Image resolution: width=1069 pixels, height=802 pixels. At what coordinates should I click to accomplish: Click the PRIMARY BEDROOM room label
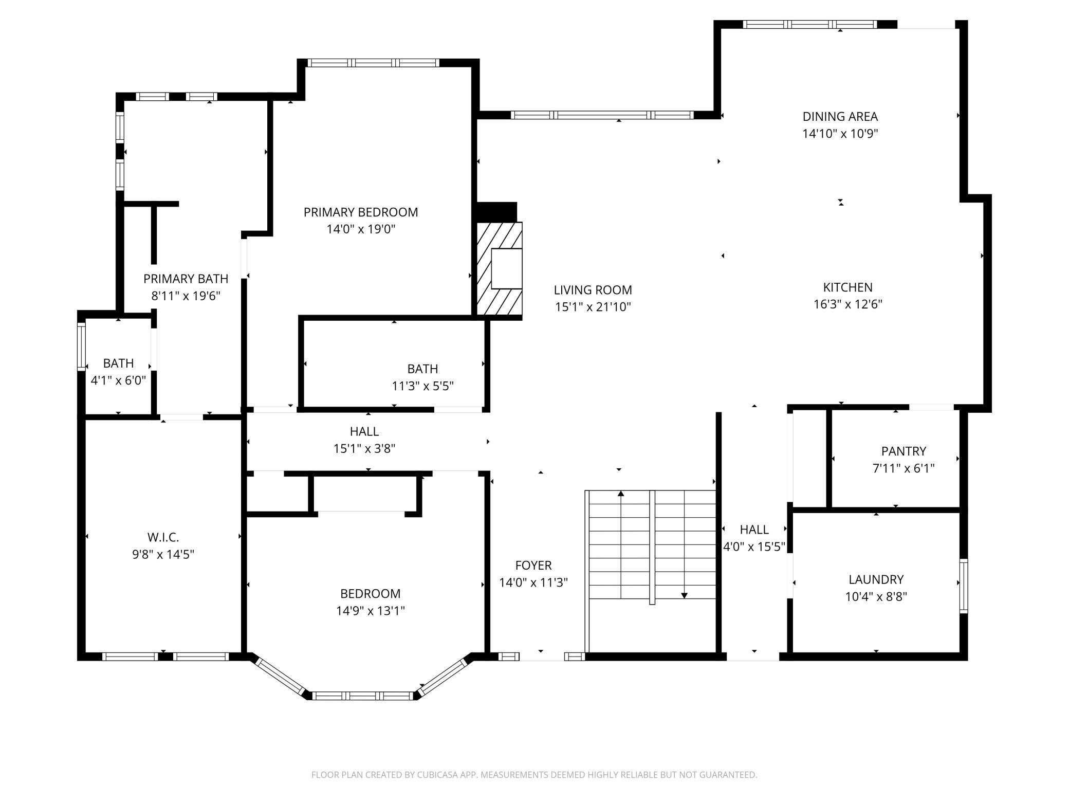(x=361, y=212)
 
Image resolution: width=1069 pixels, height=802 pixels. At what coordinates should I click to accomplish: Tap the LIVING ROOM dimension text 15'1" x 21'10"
(x=593, y=307)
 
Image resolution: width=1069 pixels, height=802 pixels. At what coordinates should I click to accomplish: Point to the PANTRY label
(x=904, y=451)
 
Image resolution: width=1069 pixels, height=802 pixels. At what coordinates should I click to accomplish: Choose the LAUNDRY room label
(x=876, y=579)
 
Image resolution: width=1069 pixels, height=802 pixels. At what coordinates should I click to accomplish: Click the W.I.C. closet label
(x=163, y=537)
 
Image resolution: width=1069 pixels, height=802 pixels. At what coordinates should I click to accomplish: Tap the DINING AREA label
(x=840, y=116)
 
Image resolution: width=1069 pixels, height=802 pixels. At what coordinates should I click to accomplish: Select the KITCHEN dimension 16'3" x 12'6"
(x=847, y=304)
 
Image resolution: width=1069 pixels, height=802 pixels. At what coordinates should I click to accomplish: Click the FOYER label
(x=533, y=566)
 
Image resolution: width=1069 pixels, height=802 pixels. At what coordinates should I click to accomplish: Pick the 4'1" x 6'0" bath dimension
(x=118, y=380)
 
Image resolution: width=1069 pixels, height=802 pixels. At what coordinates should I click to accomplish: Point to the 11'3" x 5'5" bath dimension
(x=422, y=386)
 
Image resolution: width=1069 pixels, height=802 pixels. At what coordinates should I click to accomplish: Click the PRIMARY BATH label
(x=186, y=279)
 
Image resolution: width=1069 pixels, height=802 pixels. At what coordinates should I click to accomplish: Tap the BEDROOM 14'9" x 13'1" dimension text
(x=370, y=611)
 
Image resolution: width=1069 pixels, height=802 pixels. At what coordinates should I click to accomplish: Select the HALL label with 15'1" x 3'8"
(x=364, y=431)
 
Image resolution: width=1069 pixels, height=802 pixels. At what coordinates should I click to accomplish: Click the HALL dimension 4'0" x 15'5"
(x=754, y=546)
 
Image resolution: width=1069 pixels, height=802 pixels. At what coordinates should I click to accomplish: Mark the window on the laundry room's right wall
(x=964, y=586)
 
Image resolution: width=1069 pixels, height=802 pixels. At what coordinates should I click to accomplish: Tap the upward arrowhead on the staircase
(x=621, y=494)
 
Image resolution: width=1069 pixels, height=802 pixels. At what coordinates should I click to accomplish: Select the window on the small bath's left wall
(x=81, y=347)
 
